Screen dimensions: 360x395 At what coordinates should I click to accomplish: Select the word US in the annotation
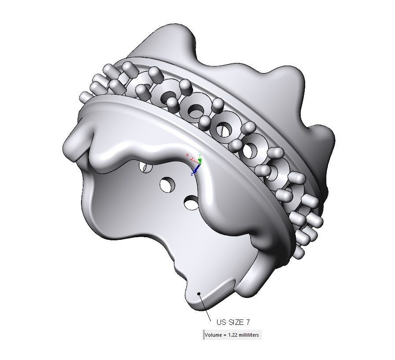221,322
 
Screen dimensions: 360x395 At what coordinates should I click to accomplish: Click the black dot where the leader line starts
199,294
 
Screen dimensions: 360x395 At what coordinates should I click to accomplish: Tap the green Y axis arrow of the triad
200,161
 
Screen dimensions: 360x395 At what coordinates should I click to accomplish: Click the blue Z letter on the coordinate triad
192,174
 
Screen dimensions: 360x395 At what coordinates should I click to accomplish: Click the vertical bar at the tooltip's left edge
204,335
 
